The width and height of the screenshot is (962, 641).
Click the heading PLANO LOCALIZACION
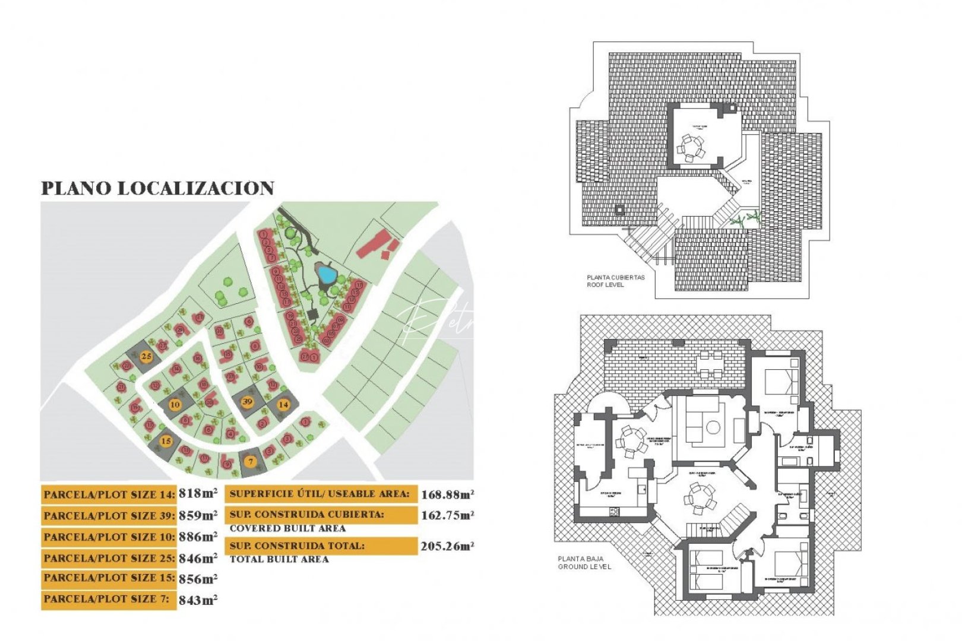(157, 188)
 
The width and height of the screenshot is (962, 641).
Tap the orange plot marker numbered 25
(146, 357)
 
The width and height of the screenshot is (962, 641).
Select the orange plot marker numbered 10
(175, 405)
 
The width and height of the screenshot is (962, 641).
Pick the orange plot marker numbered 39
(248, 401)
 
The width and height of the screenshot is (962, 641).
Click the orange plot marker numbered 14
(283, 404)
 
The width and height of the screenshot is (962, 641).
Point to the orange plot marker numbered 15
(166, 441)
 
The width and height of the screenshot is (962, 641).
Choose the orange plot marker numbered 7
(251, 461)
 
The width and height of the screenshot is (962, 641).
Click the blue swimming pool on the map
(326, 275)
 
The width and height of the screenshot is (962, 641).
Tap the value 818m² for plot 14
(198, 493)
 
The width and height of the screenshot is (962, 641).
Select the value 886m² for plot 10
(198, 537)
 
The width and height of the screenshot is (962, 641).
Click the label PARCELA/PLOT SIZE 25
(109, 558)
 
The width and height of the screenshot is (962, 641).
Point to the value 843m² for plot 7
(198, 600)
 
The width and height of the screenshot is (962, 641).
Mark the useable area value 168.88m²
(447, 494)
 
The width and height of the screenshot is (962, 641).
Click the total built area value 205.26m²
(447, 546)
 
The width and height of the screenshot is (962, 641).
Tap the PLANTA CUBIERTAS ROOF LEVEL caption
(615, 281)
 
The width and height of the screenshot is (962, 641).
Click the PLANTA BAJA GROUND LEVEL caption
(584, 563)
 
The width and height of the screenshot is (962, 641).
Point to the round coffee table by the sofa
(713, 427)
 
